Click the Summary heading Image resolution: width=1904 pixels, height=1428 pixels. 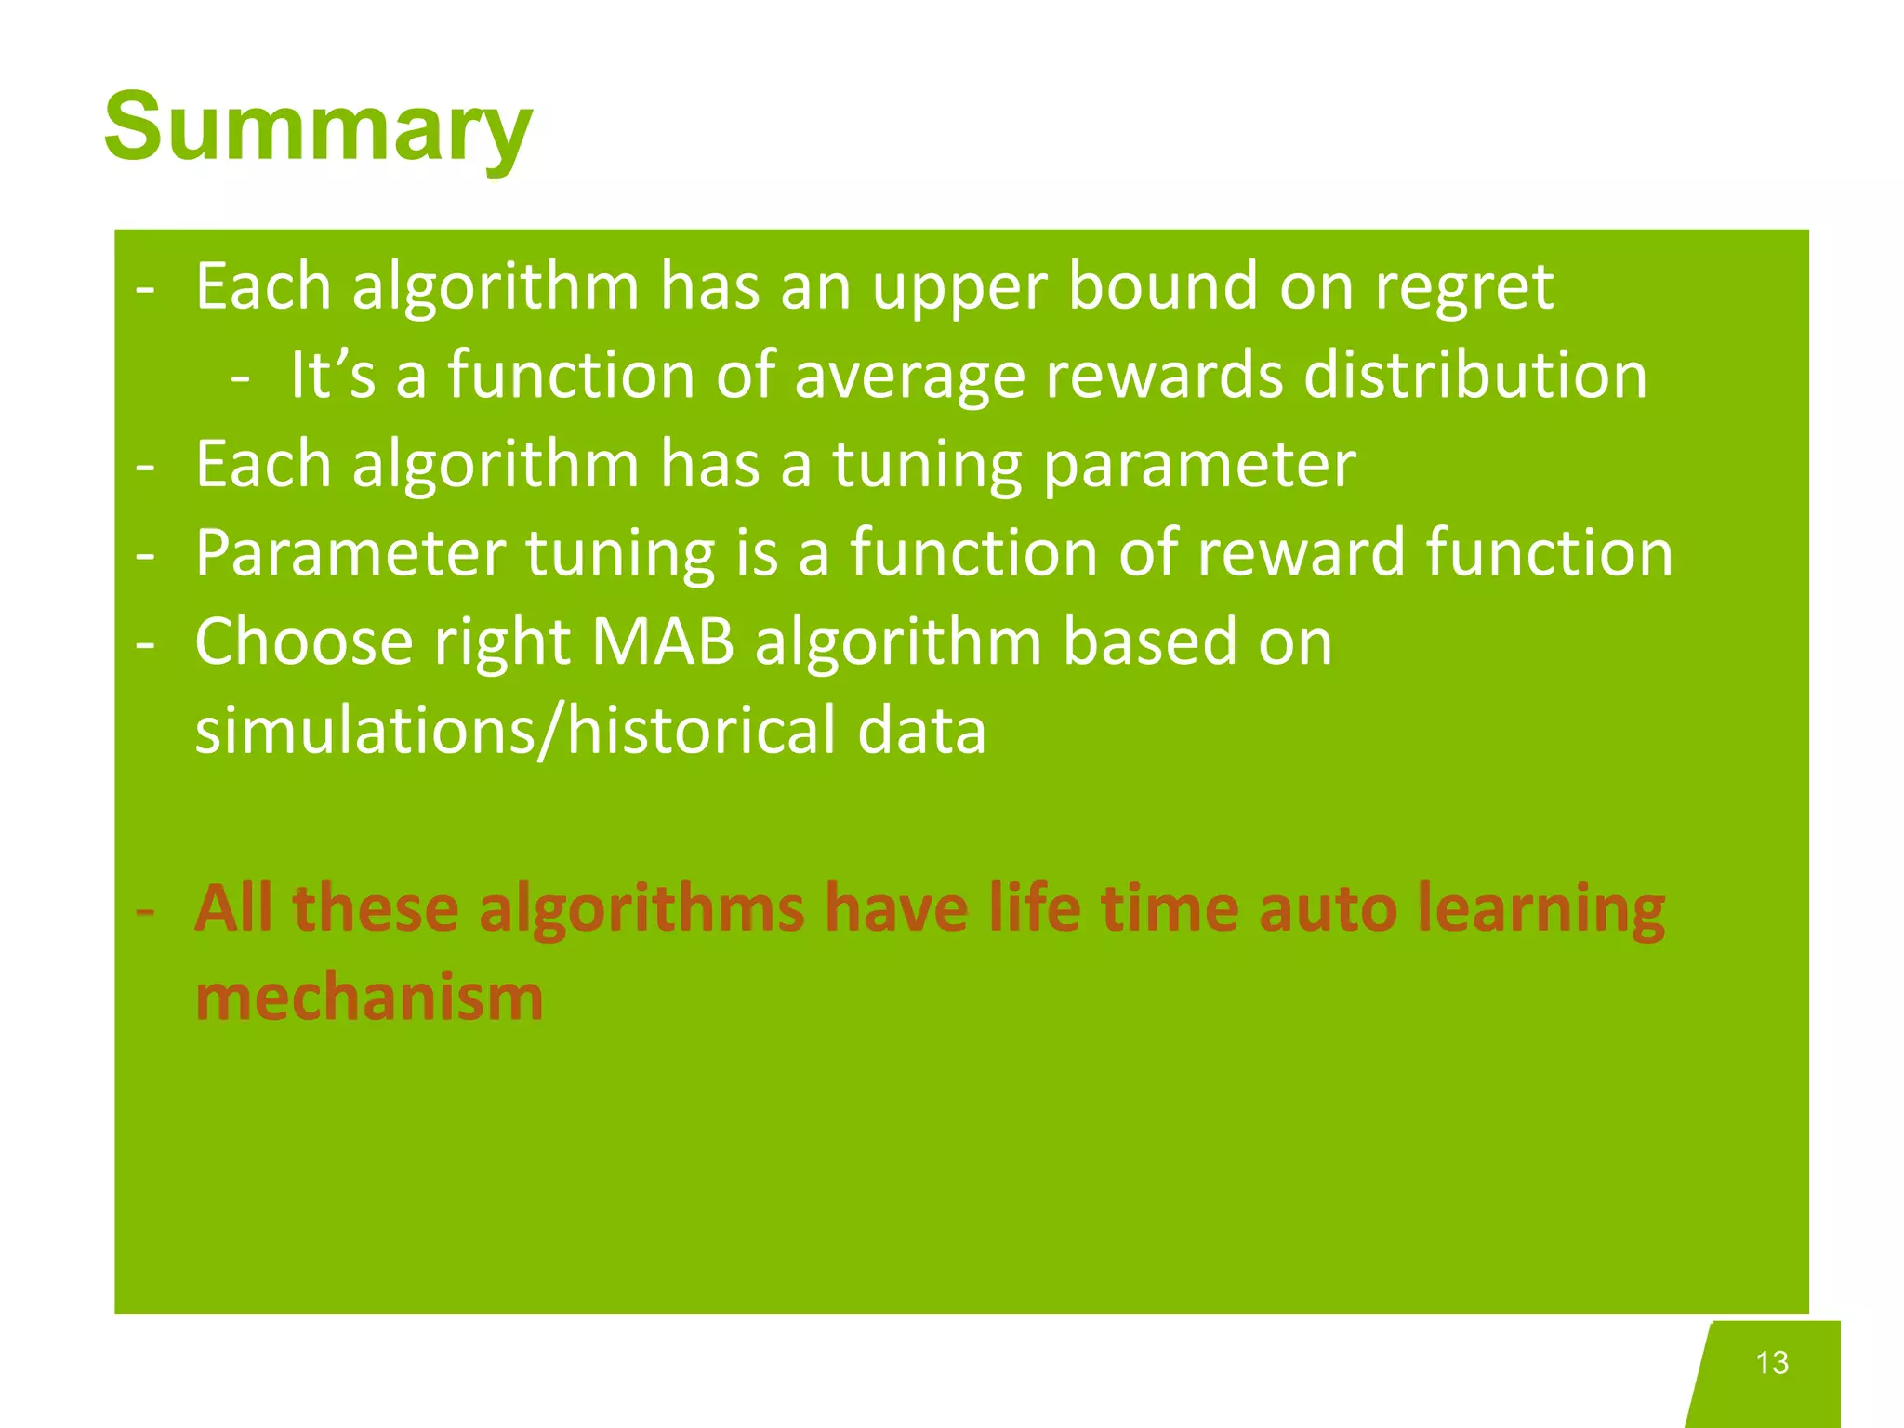pos(318,127)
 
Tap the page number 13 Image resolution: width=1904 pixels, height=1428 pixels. pos(1772,1362)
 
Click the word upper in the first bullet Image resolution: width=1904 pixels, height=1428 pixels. pos(959,288)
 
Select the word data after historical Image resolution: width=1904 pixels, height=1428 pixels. pos(921,730)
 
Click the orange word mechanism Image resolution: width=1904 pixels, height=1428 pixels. pos(369,997)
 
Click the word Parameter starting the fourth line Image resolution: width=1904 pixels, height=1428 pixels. pos(350,553)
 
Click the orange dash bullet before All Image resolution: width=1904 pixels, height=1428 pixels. pos(145,910)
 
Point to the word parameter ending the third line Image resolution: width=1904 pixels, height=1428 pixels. pos(1199,466)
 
